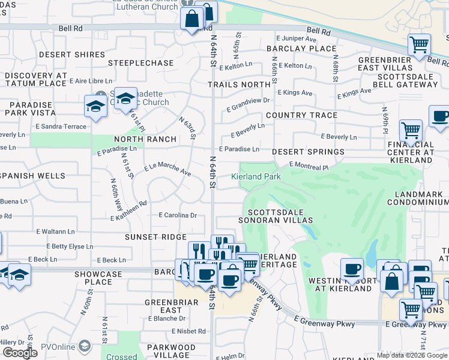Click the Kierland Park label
pyautogui.click(x=256, y=176)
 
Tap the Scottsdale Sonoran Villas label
pyautogui.click(x=277, y=216)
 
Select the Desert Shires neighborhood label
pyautogui.click(x=72, y=55)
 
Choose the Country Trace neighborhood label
pyautogui.click(x=301, y=115)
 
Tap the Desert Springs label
pyautogui.click(x=308, y=152)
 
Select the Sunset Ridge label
pyautogui.click(x=155, y=237)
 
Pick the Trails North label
pyautogui.click(x=239, y=85)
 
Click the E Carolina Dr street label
pyautogui.click(x=177, y=215)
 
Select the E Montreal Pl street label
pyautogui.click(x=309, y=166)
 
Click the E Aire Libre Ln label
pyautogui.click(x=91, y=80)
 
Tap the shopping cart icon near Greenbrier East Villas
pyautogui.click(x=419, y=43)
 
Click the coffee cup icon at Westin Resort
pyautogui.click(x=352, y=269)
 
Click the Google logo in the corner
pyautogui.click(x=20, y=353)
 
